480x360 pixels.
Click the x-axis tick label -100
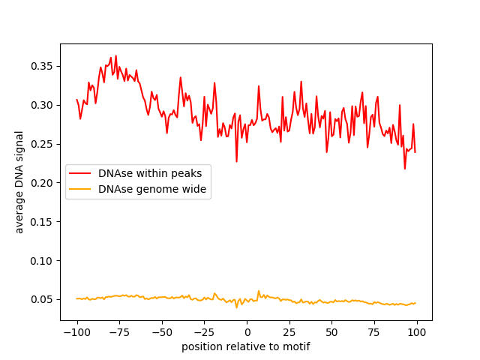[76, 332]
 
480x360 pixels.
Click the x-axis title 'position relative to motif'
[246, 346]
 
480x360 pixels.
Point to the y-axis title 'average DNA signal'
[19, 182]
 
